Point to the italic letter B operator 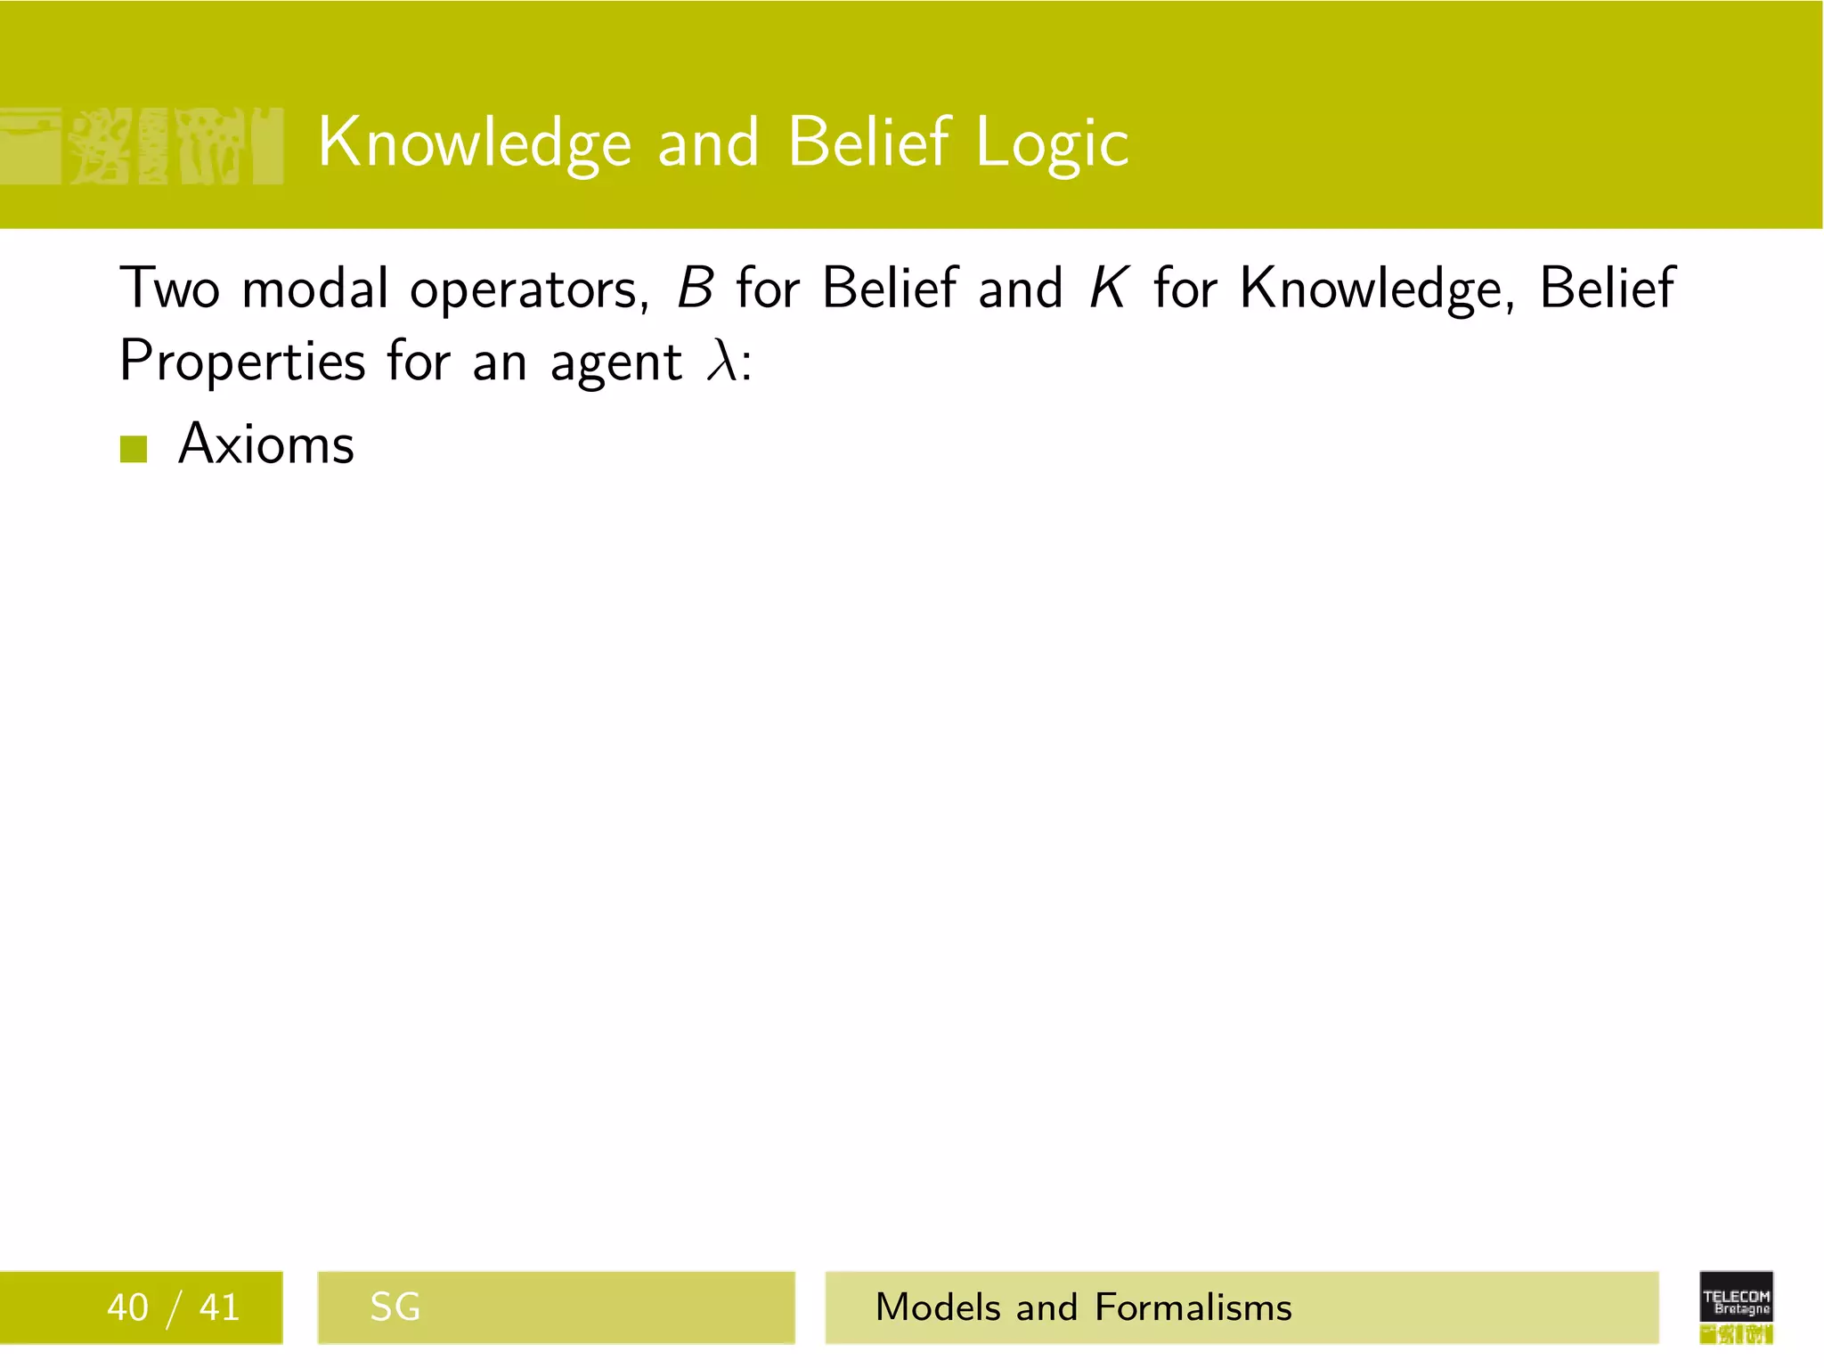tap(695, 289)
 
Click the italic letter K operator tap(1109, 289)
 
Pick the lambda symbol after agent tap(721, 361)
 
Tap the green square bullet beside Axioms tap(134, 449)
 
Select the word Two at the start tap(169, 289)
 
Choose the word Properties tap(242, 362)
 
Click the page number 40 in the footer tap(127, 1307)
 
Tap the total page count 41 tap(219, 1307)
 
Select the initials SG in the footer tap(395, 1307)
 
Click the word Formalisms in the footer tap(1193, 1307)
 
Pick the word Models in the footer tap(939, 1307)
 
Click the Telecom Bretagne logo tap(1736, 1306)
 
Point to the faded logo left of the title tap(142, 146)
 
